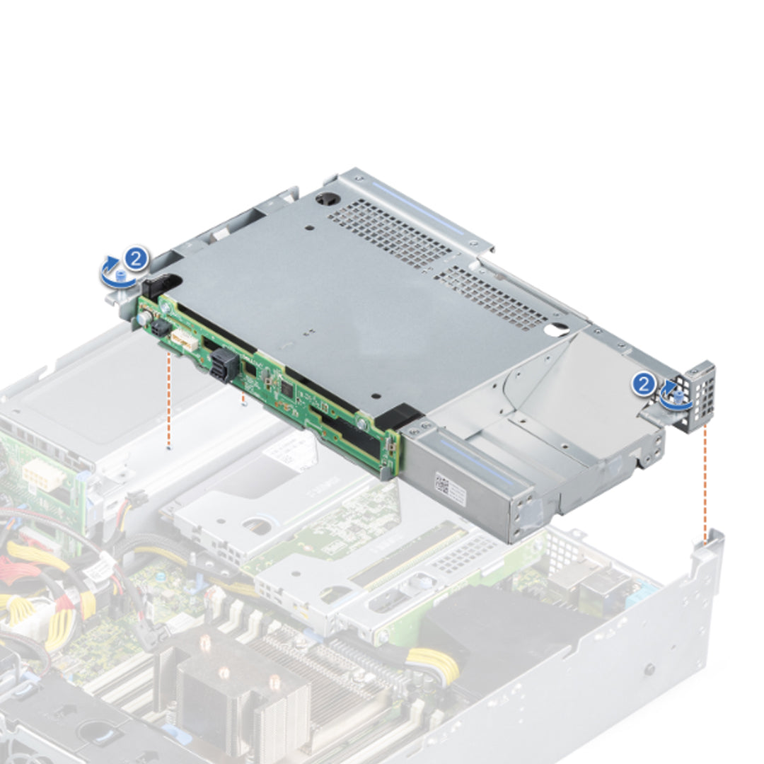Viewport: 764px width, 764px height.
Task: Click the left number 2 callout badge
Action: (137, 258)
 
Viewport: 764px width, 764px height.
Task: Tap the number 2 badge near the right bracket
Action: (643, 384)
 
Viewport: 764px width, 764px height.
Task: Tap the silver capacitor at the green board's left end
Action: (143, 319)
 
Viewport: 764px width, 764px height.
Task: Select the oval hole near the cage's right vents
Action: (558, 329)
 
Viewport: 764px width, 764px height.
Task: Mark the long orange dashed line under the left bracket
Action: (168, 400)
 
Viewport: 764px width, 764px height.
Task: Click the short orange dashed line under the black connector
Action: (243, 399)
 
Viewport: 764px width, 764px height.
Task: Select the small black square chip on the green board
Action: (286, 388)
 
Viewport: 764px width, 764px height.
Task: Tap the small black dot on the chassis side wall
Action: (649, 668)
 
